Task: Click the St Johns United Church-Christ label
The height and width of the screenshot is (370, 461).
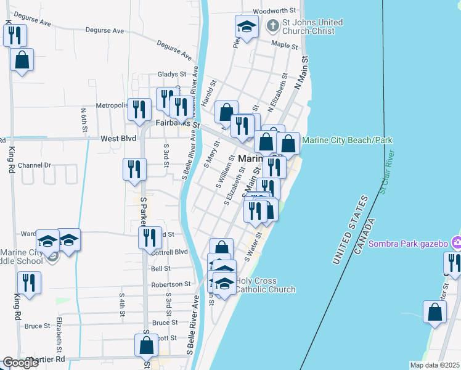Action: click(x=312, y=27)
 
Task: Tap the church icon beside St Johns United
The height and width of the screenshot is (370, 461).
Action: click(x=272, y=26)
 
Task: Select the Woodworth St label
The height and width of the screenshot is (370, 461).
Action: click(x=275, y=11)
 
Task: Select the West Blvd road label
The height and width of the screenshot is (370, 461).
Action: click(x=118, y=139)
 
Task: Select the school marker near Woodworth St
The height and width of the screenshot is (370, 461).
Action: click(x=247, y=27)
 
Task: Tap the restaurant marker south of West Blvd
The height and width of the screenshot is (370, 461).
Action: click(x=135, y=169)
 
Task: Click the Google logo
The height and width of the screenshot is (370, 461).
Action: click(x=20, y=363)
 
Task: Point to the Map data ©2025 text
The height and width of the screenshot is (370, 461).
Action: click(x=434, y=365)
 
